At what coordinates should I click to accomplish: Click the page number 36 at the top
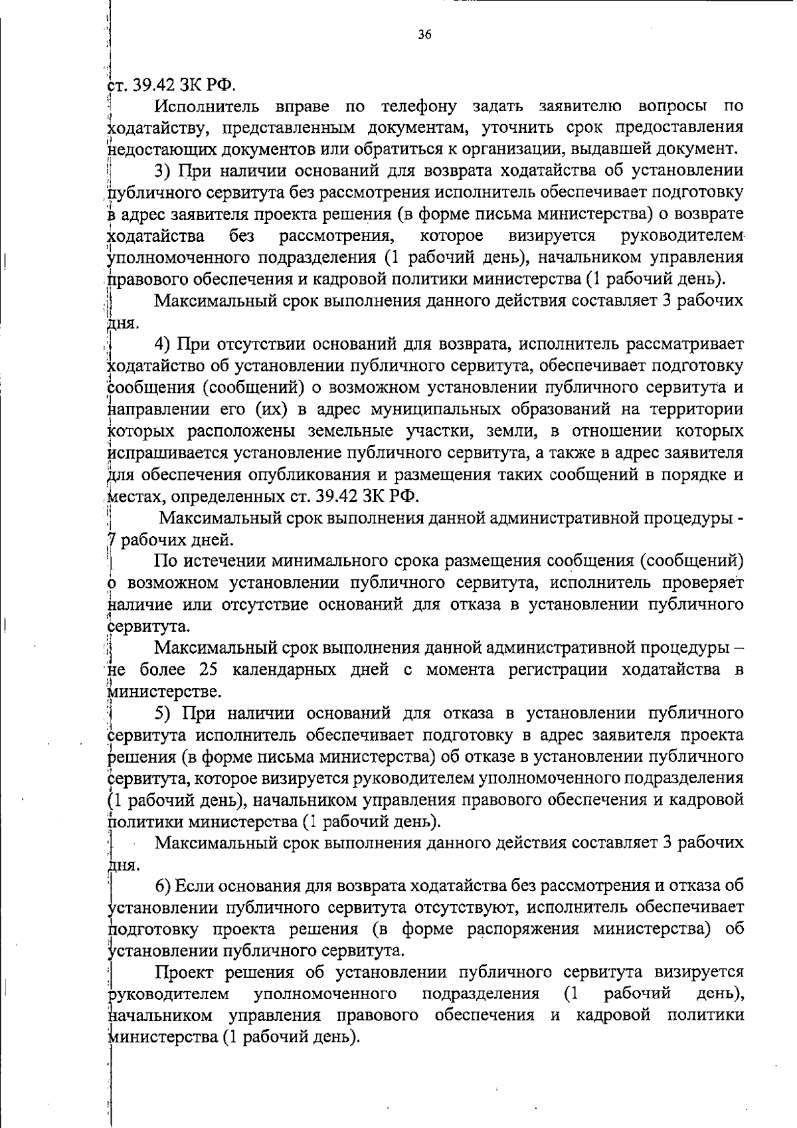[425, 35]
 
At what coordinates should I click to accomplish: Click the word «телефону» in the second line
[419, 106]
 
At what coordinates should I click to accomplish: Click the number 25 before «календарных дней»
[208, 670]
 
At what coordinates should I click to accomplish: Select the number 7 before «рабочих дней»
[112, 540]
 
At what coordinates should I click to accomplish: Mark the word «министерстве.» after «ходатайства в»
[164, 692]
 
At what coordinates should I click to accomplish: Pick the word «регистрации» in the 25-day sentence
[557, 670]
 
